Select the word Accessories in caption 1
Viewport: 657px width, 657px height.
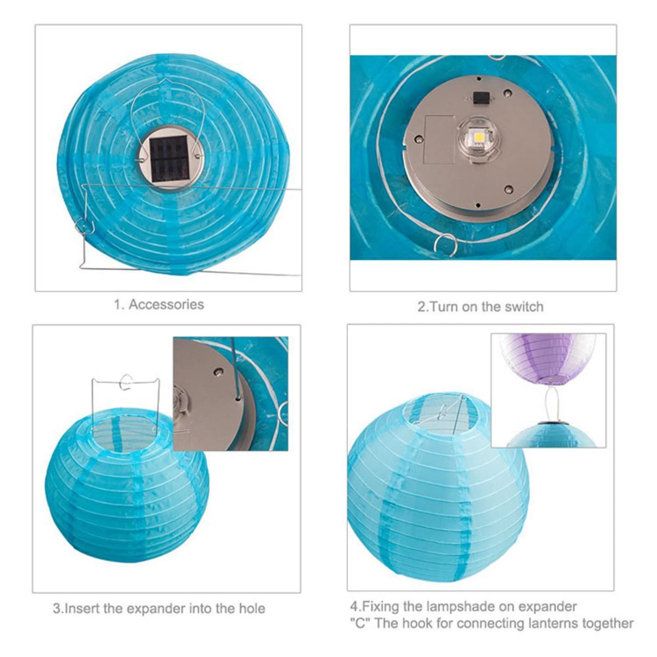tap(166, 304)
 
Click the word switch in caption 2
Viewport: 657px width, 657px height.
tap(524, 307)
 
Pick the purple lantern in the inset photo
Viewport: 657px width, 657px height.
tap(549, 355)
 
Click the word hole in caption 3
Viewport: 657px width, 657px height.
tap(250, 608)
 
